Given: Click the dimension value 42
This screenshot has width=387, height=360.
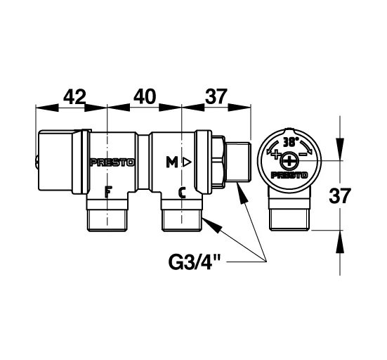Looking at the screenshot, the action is [74, 96].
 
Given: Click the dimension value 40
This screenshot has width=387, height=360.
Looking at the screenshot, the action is [145, 96].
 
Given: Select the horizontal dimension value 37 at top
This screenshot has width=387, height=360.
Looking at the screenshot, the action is [216, 96].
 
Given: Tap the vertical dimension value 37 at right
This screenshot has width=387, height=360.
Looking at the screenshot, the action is [340, 195].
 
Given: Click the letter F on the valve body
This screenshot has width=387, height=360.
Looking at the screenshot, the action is [108, 192].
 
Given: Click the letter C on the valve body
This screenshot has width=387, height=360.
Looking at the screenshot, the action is [182, 193].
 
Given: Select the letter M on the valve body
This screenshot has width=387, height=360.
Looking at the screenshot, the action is [172, 162].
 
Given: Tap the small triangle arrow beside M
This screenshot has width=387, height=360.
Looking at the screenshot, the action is [187, 162].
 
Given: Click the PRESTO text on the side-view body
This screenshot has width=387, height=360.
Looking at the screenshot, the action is [112, 162].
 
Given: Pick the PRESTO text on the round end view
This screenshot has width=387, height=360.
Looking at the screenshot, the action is [289, 175].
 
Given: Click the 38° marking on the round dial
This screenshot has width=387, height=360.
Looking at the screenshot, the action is [291, 142].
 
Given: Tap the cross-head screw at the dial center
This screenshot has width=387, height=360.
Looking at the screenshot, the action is [289, 161].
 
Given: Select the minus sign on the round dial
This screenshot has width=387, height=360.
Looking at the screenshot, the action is [303, 154].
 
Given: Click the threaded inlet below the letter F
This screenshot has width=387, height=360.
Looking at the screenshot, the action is [107, 220].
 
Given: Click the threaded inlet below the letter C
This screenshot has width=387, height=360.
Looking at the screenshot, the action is [182, 220].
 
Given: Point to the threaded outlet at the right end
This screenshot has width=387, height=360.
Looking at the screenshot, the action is [239, 162].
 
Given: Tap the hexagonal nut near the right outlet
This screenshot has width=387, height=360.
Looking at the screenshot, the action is [219, 161].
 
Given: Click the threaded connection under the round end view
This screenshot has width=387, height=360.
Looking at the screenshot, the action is [289, 220].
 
